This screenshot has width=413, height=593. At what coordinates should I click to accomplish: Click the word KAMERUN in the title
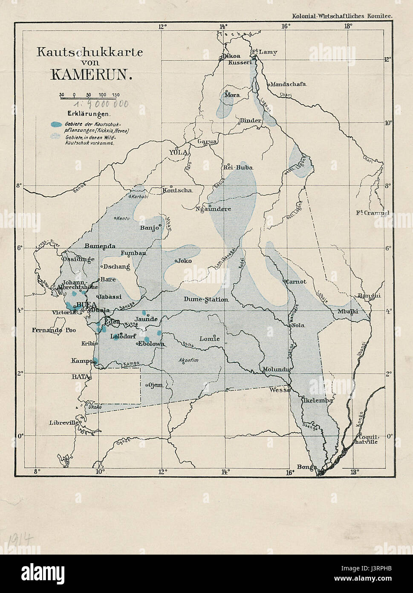pyautogui.click(x=90, y=74)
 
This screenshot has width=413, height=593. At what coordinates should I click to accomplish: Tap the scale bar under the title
pyautogui.click(x=90, y=98)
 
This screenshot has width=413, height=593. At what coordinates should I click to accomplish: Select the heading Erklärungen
pyautogui.click(x=89, y=114)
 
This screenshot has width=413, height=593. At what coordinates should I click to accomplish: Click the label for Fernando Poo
pyautogui.click(x=53, y=330)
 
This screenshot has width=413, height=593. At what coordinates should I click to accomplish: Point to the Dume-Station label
pyautogui.click(x=206, y=299)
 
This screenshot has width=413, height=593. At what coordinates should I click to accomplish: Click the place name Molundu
pyautogui.click(x=276, y=369)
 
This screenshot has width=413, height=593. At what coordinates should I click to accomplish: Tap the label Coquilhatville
pyautogui.click(x=367, y=439)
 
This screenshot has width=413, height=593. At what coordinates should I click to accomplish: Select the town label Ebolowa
pyautogui.click(x=150, y=343)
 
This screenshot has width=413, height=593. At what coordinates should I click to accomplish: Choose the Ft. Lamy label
pyautogui.click(x=265, y=52)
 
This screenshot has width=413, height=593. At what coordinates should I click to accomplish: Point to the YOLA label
pyautogui.click(x=179, y=152)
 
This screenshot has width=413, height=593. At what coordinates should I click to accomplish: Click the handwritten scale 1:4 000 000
pyautogui.click(x=101, y=105)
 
